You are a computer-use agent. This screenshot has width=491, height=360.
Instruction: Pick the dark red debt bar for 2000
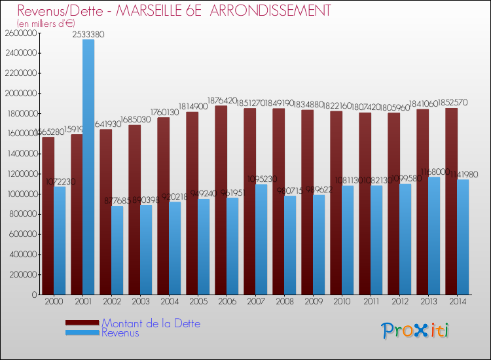[x=48, y=216]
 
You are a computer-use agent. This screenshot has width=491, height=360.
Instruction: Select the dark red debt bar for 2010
[x=336, y=203]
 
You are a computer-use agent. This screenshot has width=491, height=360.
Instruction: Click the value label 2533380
[x=88, y=34]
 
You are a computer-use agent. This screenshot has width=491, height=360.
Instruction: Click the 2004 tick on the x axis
[x=170, y=302]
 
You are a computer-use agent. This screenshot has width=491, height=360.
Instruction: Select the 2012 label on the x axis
[x=400, y=302]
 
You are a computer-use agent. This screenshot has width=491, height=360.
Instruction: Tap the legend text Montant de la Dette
[x=151, y=323]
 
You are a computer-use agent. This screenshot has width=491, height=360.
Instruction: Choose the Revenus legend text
[x=120, y=333]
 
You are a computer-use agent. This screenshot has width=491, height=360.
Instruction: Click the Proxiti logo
[x=415, y=331]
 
